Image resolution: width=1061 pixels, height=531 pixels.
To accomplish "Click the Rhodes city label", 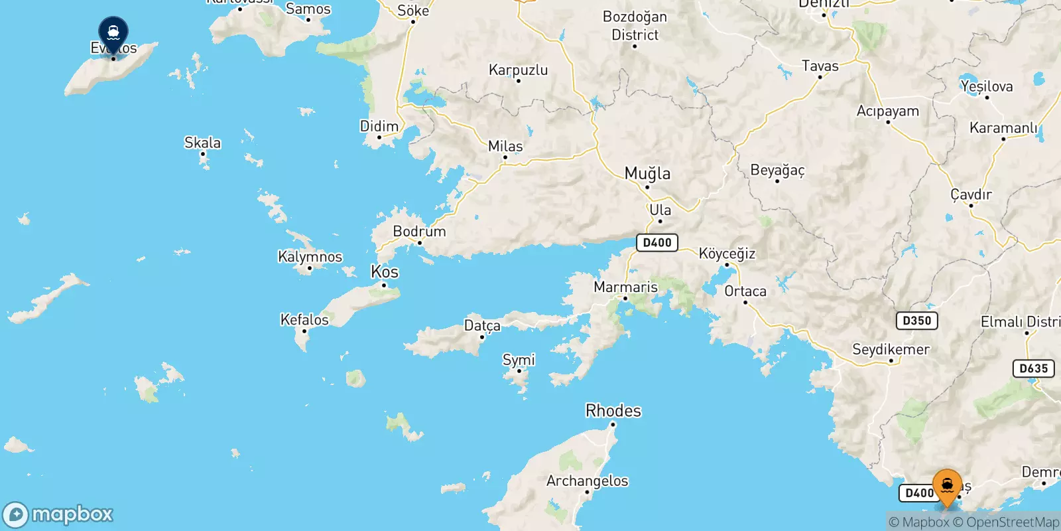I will point(613,411).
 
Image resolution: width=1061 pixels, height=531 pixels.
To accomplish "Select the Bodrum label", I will point(419,232).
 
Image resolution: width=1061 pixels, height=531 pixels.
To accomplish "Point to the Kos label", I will point(385,272).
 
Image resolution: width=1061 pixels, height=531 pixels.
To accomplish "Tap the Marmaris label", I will point(625,287).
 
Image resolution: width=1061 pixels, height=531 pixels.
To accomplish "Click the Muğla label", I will point(647,174).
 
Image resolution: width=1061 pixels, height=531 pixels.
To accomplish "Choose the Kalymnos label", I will point(310,257).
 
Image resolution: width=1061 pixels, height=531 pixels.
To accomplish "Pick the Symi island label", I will point(519,360).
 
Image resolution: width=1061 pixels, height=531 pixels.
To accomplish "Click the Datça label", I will point(482,326).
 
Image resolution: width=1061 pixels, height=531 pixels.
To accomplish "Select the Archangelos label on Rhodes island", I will point(587,481).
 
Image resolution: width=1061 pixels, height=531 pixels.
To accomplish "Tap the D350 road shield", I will point(916,321).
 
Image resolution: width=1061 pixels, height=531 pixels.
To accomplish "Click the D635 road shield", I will point(1033,368).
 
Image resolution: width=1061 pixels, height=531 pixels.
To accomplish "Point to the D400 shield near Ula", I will point(657,243).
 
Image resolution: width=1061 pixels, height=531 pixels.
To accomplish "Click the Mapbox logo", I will point(58,514).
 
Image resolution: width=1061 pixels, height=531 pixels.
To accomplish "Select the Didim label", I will point(379,126).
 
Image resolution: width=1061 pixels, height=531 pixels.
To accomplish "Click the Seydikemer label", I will point(891,349).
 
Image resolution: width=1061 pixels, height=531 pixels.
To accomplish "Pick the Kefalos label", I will point(304,320).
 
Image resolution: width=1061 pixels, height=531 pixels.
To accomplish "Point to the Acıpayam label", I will point(887,111).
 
